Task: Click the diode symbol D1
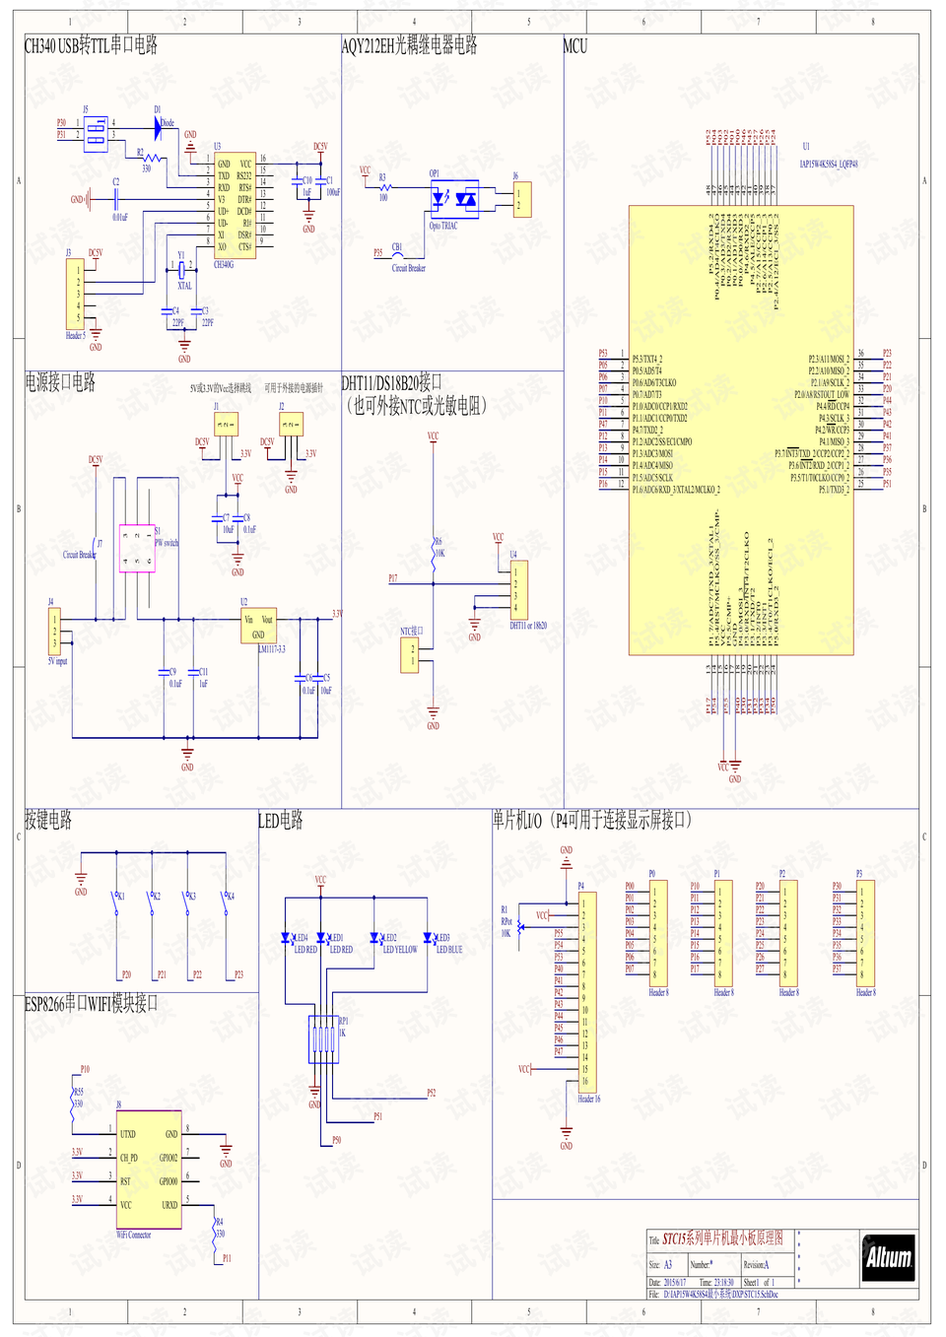tap(158, 127)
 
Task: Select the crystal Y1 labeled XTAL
tap(182, 268)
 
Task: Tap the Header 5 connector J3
tap(74, 294)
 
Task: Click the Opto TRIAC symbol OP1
tap(454, 199)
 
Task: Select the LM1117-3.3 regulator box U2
tap(258, 627)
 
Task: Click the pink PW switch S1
tap(137, 548)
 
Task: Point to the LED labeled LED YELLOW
tap(374, 939)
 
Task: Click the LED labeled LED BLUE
tap(428, 939)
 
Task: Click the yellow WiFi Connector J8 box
tap(149, 1170)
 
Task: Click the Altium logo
tap(888, 1257)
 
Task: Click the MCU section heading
tap(574, 46)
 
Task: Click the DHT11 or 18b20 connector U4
tap(520, 589)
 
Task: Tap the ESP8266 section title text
tap(91, 1004)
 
